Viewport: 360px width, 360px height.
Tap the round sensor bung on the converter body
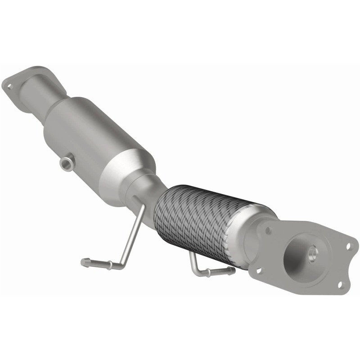tap(66, 163)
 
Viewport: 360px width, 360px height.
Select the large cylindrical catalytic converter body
tap(97, 139)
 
